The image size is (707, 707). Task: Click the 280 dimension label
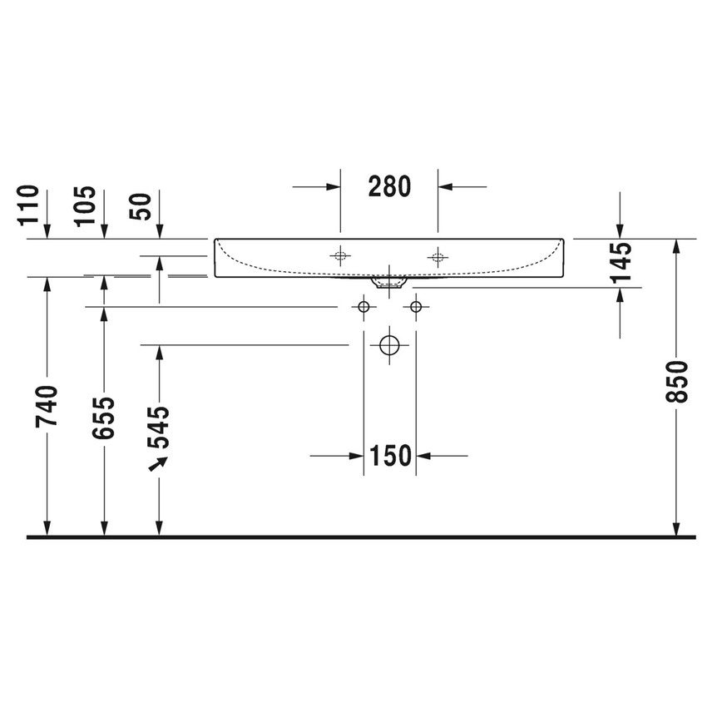point(389,186)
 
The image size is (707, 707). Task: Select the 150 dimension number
point(389,455)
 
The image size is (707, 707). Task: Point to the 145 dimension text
point(620,262)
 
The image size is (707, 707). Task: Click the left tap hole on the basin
point(339,256)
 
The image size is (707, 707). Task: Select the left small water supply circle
point(363,308)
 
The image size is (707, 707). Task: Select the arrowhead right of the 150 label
point(422,455)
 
